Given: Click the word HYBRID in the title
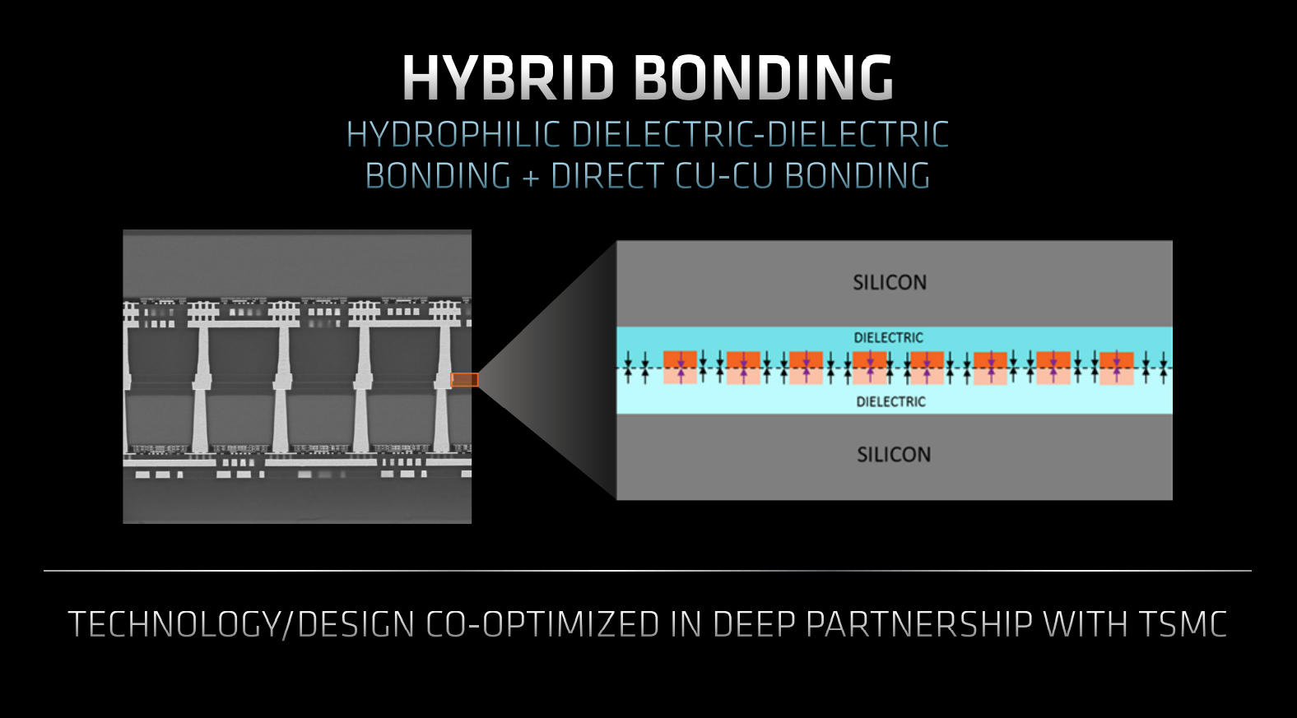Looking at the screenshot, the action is click(508, 77).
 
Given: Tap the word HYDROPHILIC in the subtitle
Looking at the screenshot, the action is click(453, 134).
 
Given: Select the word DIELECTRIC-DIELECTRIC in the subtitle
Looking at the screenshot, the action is click(760, 134).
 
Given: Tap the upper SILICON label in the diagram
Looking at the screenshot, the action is click(890, 282).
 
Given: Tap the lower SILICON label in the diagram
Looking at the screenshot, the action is click(894, 455).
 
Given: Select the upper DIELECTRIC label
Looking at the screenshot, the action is click(888, 337).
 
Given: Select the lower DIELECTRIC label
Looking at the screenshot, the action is click(890, 401).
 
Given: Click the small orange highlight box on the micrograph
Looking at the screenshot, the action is click(464, 379).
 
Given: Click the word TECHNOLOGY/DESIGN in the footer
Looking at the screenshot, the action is click(241, 624).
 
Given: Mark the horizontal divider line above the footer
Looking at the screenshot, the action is click(648, 571).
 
